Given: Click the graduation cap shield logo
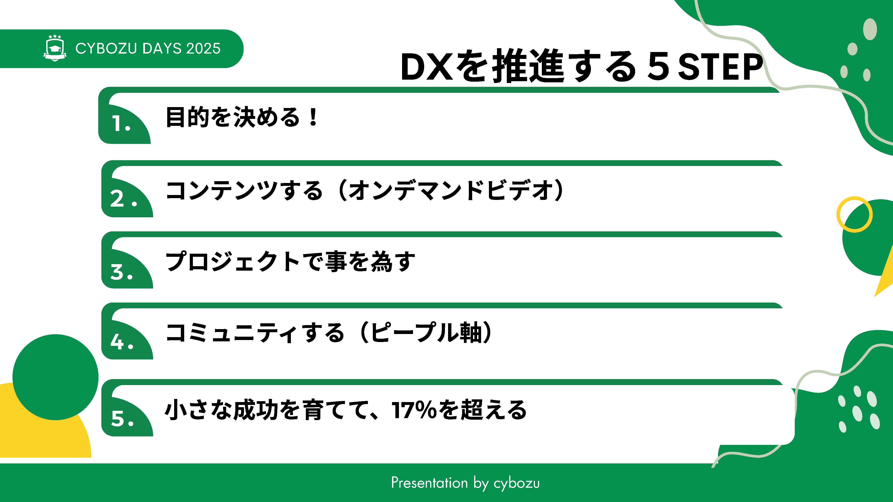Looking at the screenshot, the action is tap(55, 48).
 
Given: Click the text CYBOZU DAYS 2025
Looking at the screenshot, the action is tap(148, 48).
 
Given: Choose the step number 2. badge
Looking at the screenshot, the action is tap(123, 199).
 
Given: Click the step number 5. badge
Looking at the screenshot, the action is tap(122, 418).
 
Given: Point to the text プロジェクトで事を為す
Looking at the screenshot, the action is tap(290, 261).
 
